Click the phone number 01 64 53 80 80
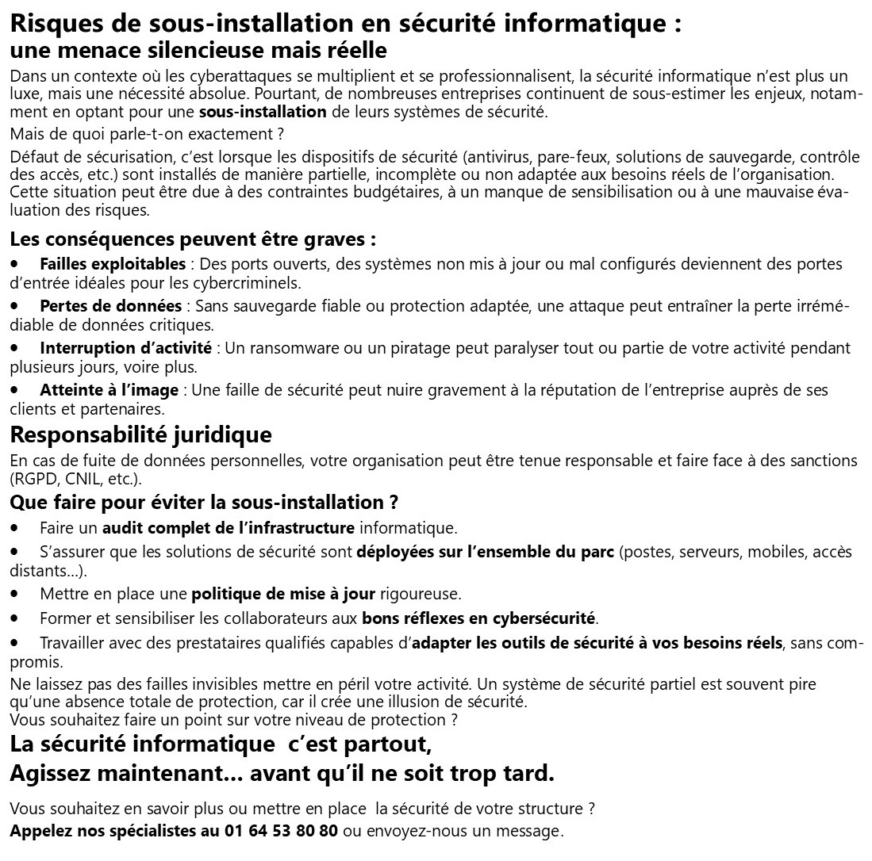tap(279, 832)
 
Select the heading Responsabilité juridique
tap(140, 434)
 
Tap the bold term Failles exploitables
tap(113, 264)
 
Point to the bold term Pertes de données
tap(111, 306)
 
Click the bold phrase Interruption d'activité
tap(125, 348)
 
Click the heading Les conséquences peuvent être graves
tap(193, 239)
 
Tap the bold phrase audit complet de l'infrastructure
tap(229, 527)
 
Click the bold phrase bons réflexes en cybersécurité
tap(479, 617)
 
